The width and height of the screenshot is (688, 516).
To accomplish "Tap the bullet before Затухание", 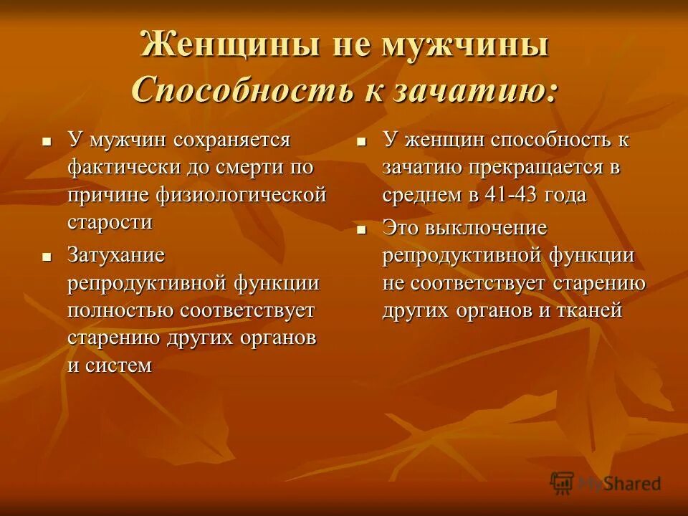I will (47, 256).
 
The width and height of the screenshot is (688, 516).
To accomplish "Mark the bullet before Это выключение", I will (362, 229).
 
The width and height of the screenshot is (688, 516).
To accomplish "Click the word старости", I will (110, 222).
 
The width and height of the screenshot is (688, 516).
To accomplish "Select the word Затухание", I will (116, 255).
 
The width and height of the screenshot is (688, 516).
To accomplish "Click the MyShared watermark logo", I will (606, 484).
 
